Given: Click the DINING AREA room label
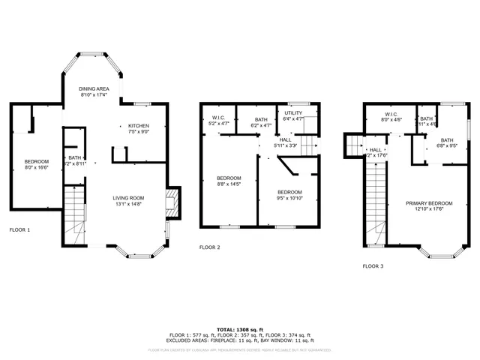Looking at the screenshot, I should (94, 88).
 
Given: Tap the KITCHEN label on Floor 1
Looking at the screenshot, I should (139, 125).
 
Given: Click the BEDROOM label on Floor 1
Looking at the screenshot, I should (36, 161).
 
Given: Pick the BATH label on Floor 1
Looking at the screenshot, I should (75, 157).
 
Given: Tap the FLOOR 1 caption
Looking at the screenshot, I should (19, 229).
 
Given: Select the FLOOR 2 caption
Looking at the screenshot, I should (209, 247).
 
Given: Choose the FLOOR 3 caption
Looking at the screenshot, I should (373, 265).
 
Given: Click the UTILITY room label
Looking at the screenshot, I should (293, 112).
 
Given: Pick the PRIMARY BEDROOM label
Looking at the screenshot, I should (430, 203).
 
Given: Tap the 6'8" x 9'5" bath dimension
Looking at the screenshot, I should (447, 146).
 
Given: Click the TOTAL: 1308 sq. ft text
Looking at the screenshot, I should (240, 329).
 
